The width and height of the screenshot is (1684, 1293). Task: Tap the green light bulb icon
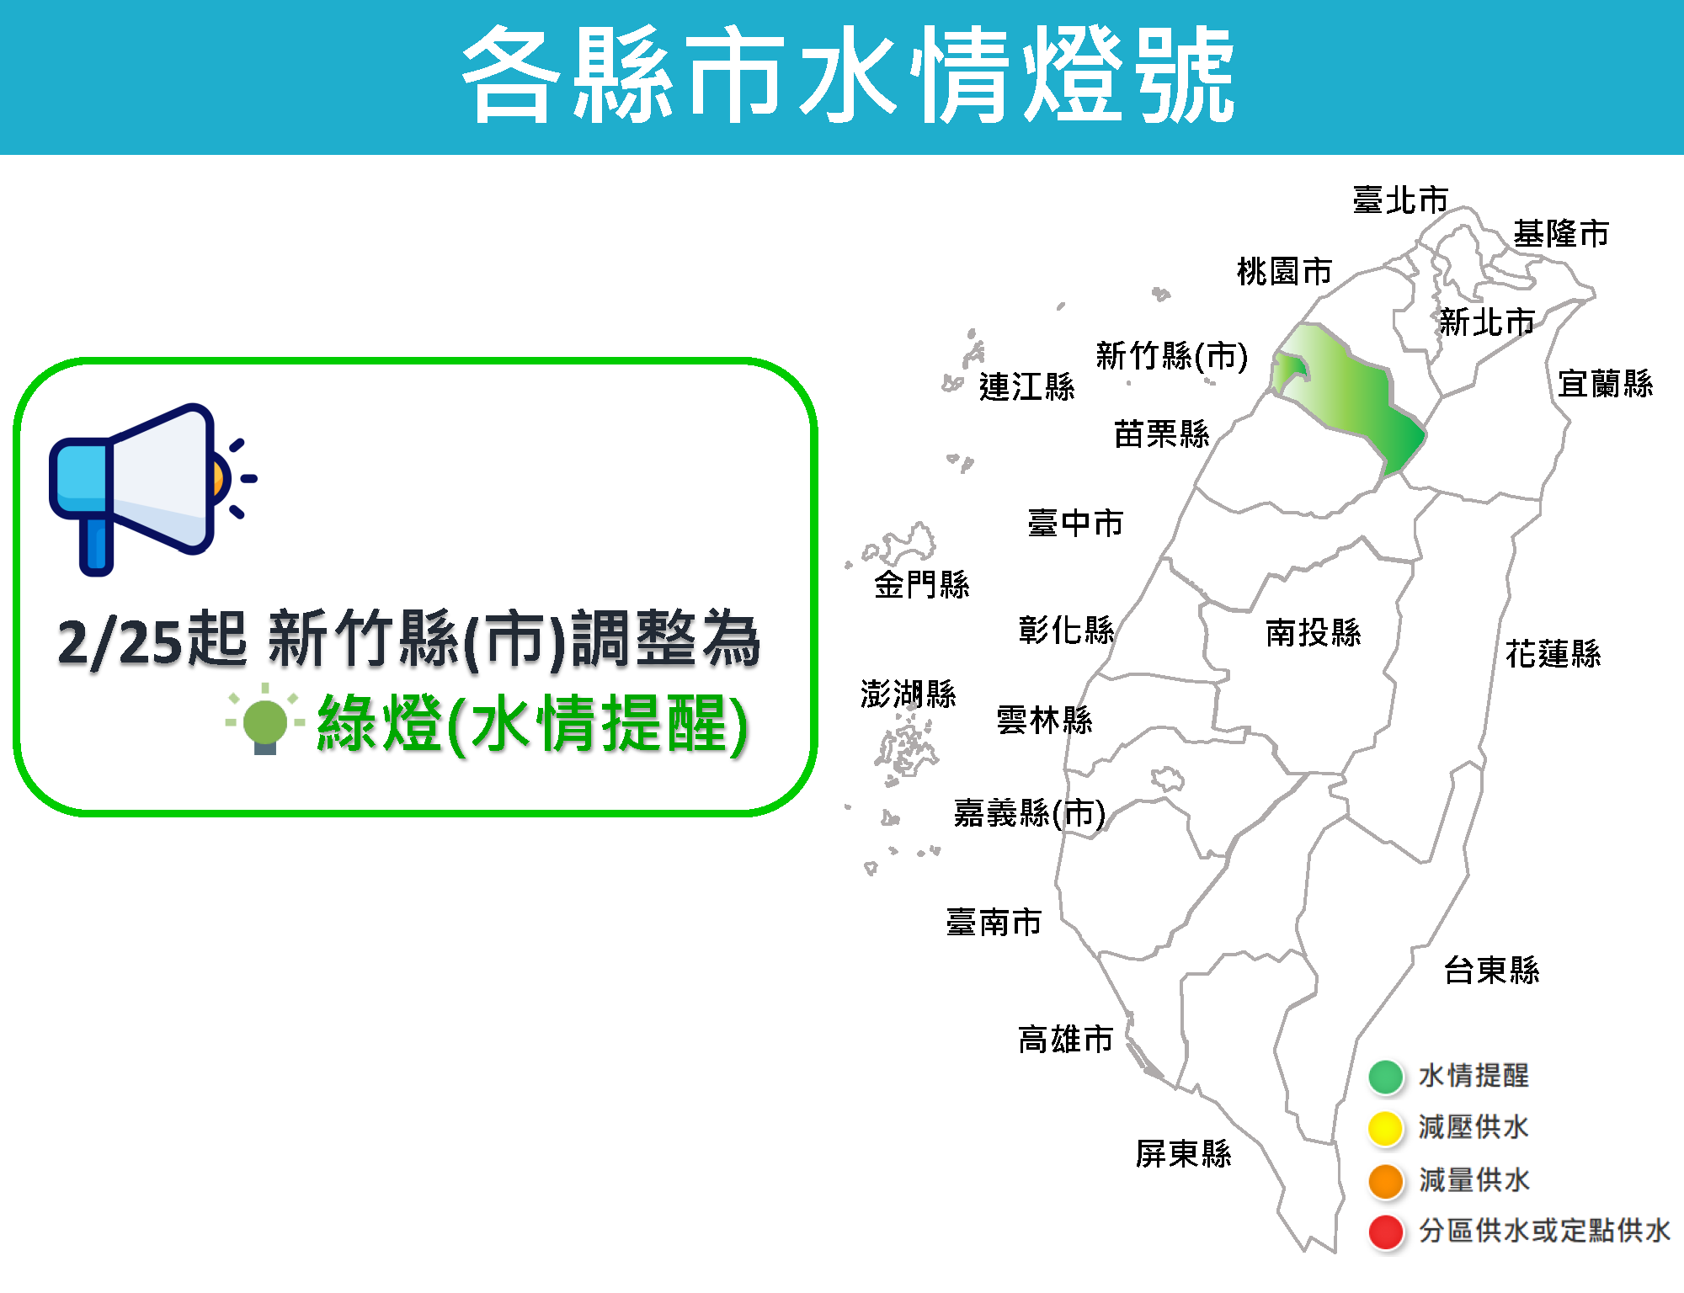[265, 722]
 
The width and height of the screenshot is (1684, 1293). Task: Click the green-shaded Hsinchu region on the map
[1347, 396]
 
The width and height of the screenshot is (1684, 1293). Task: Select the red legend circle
[1386, 1232]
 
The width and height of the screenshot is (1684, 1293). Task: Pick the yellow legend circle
[1386, 1128]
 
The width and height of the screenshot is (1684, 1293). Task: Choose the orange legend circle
[1386, 1180]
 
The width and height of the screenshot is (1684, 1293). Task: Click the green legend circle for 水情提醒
[1386, 1077]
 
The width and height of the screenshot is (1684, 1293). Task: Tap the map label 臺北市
[1400, 200]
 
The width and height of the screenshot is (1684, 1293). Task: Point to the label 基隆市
[1561, 233]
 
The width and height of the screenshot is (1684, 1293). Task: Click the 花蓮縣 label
[1553, 653]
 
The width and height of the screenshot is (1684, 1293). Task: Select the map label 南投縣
[1314, 633]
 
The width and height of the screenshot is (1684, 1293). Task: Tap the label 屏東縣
[1183, 1153]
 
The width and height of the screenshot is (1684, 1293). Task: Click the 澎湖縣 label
[909, 694]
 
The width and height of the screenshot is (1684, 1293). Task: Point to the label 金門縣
[922, 584]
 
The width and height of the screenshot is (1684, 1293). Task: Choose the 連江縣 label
[1027, 387]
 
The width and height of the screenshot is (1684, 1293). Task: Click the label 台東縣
[1492, 971]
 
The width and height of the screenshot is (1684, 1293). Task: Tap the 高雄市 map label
[1066, 1040]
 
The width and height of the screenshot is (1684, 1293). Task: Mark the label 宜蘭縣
[1606, 384]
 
